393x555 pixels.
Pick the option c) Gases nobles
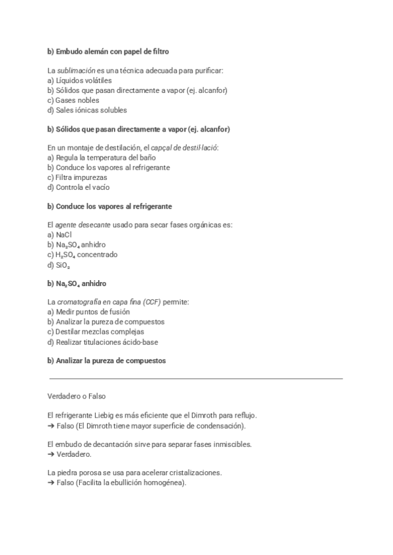(73, 100)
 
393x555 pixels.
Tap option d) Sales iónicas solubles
(87, 110)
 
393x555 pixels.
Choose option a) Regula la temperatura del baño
(102, 158)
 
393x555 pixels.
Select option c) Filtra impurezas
(77, 177)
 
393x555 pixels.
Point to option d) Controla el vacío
(78, 187)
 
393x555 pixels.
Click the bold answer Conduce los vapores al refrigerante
(109, 206)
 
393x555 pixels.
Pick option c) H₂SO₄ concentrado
(83, 255)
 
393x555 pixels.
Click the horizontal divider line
(196, 378)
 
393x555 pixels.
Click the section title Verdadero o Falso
(77, 397)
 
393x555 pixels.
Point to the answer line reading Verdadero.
(70, 454)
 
